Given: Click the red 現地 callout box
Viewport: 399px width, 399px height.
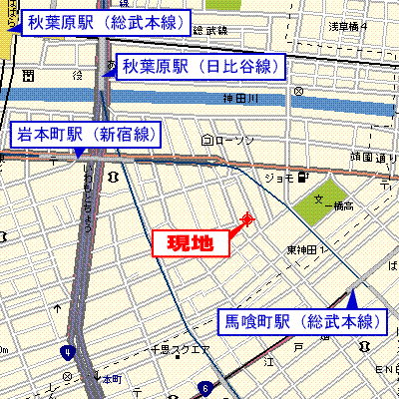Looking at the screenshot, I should (189, 242).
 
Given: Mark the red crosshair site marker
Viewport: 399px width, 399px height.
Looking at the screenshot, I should (247, 219).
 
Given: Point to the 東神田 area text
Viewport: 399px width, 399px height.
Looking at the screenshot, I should (301, 248).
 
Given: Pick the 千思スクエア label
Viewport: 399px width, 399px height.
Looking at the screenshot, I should (180, 350).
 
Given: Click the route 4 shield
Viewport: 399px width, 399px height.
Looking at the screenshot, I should (67, 352).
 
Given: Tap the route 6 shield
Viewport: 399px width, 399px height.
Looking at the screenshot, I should (204, 387).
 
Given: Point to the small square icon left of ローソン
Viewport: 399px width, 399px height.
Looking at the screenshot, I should (206, 139).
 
